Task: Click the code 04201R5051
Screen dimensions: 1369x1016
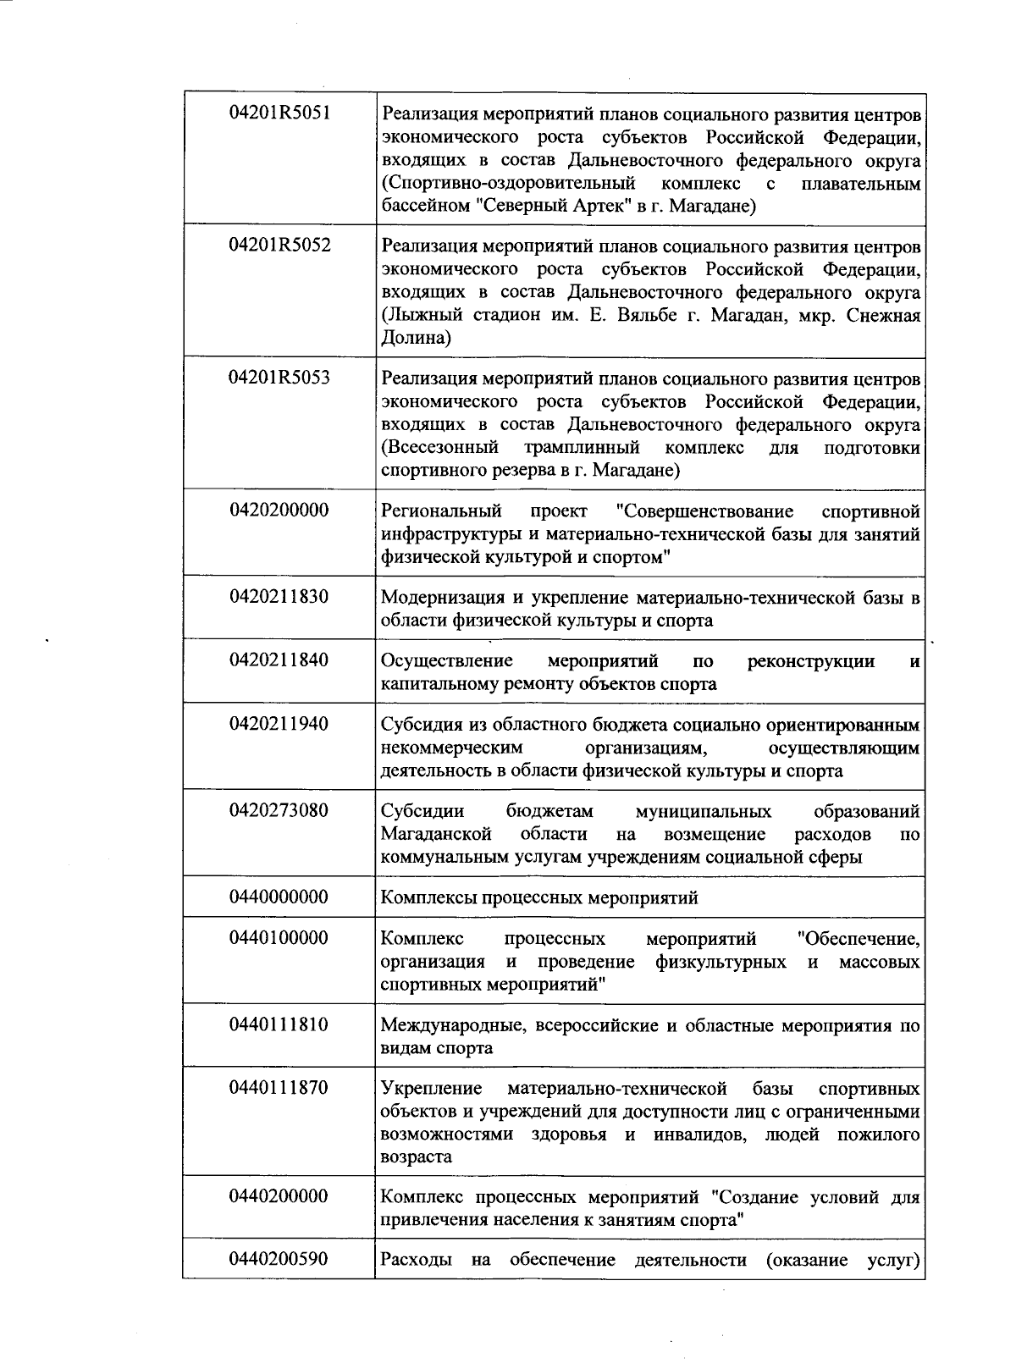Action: click(279, 113)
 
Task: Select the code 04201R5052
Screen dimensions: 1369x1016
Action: click(279, 246)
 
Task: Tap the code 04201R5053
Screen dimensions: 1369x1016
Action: click(279, 378)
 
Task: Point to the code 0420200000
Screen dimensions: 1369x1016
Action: click(279, 511)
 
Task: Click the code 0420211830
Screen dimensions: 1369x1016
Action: click(279, 597)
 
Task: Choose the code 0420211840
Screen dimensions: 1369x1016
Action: click(279, 660)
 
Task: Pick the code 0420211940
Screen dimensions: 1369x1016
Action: click(279, 725)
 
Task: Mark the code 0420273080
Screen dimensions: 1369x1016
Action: click(279, 811)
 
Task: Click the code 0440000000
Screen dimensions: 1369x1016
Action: click(279, 897)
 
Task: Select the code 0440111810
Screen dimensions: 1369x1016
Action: click(279, 1025)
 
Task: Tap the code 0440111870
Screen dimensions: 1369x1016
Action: click(279, 1088)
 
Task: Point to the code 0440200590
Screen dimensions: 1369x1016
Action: click(279, 1260)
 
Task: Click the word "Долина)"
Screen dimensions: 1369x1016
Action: click(416, 339)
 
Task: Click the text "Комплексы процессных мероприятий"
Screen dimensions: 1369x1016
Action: click(539, 898)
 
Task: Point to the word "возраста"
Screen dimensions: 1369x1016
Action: click(416, 1156)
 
